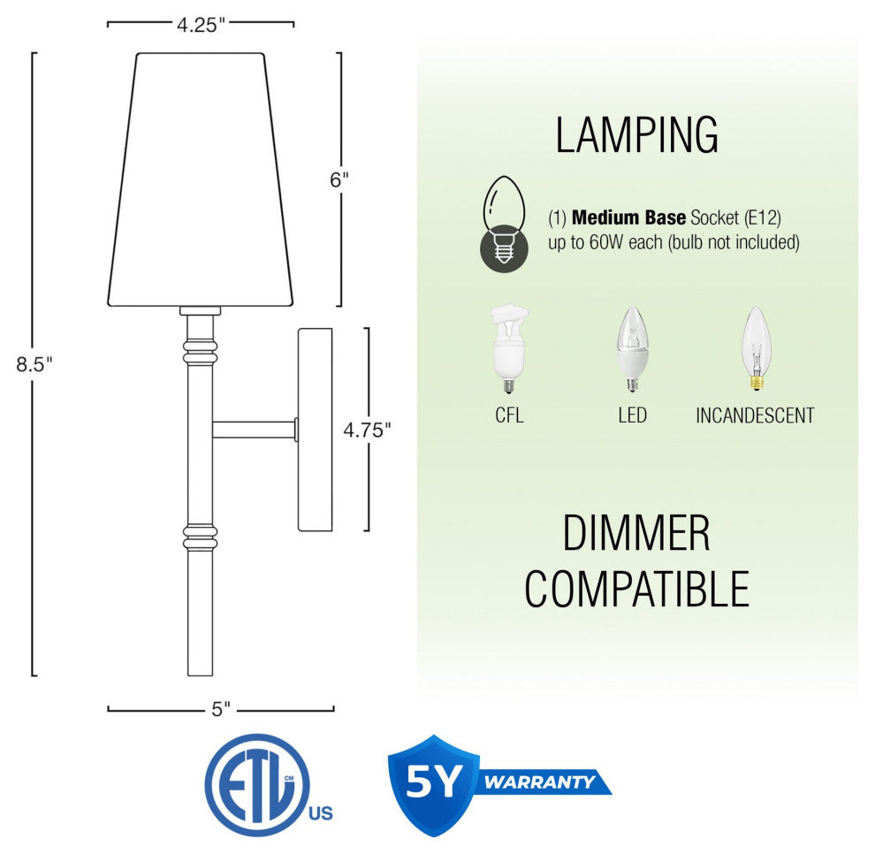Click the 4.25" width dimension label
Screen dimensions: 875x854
pos(201,25)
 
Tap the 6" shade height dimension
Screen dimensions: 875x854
pos(339,179)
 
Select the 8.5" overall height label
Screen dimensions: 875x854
pos(34,364)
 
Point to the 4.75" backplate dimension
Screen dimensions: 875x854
pos(367,430)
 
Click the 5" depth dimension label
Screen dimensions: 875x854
pos(221,709)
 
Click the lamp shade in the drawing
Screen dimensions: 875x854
pos(201,179)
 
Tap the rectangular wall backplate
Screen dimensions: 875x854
pos(316,430)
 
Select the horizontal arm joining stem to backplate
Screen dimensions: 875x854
pos(254,430)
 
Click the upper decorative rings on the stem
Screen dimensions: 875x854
pos(200,351)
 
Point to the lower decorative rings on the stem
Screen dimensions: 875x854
pos(200,537)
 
